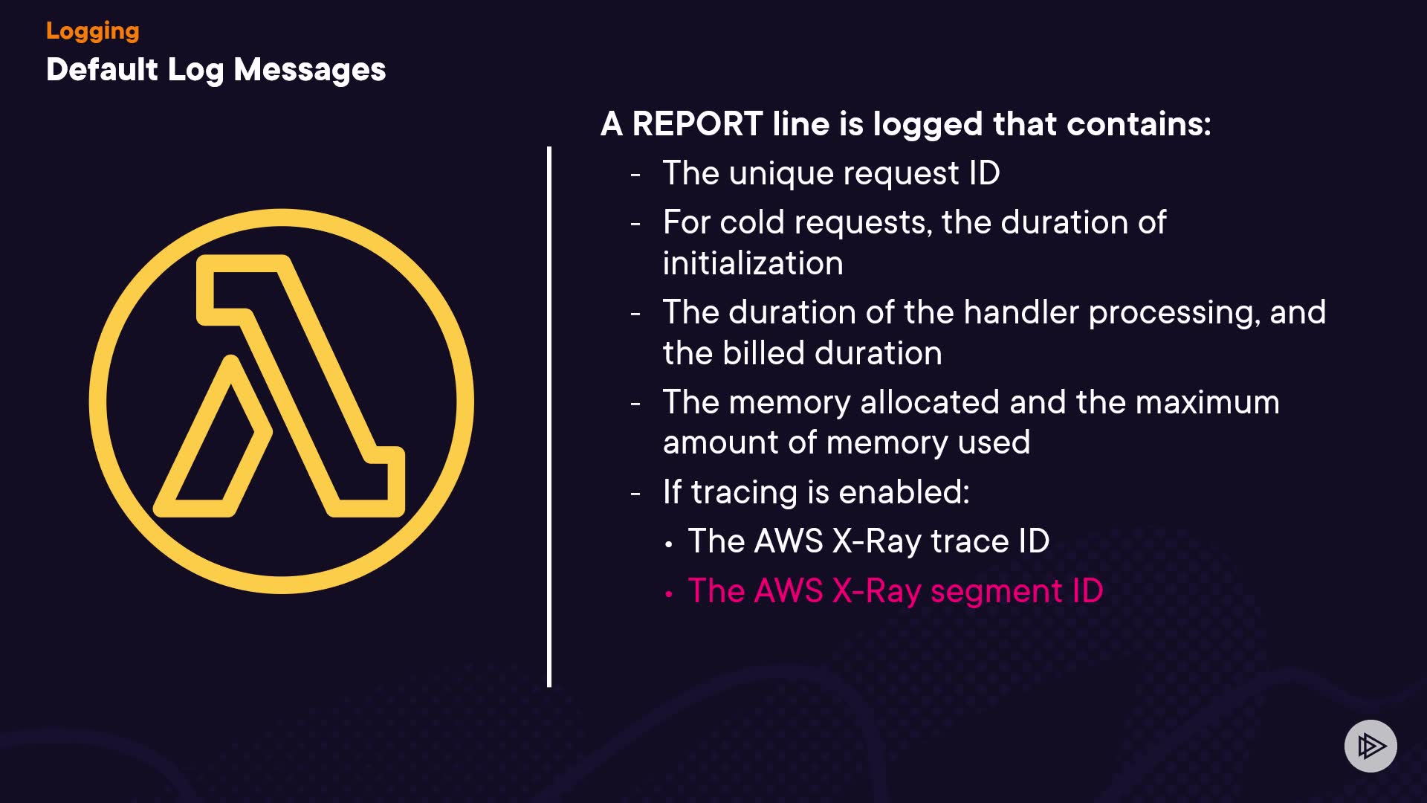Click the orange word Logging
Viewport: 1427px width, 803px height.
tap(92, 31)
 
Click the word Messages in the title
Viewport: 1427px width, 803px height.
tap(309, 70)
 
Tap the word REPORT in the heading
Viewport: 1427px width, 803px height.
tap(697, 124)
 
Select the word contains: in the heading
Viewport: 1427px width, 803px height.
tap(1138, 124)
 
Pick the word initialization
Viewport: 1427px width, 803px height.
tap(753, 263)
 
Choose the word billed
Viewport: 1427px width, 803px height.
tap(765, 353)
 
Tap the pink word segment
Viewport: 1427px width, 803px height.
tap(996, 591)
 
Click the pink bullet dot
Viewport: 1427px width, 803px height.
tap(669, 594)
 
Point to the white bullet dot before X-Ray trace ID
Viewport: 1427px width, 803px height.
tap(669, 545)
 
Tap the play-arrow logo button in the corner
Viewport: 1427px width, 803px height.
tap(1370, 746)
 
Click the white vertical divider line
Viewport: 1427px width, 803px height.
tap(549, 416)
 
